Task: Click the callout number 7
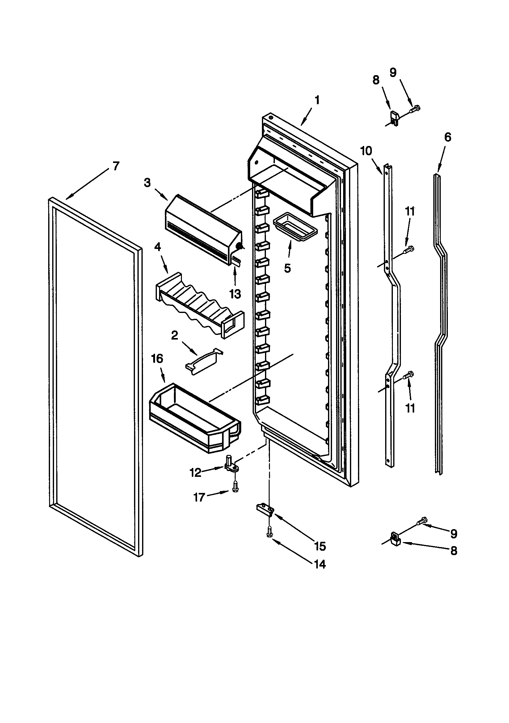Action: [116, 166]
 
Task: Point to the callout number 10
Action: [366, 151]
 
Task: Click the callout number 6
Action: [447, 137]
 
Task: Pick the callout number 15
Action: [320, 547]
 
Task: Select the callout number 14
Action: [320, 564]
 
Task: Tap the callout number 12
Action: [196, 473]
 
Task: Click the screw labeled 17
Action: [235, 488]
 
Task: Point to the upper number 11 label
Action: [410, 212]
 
